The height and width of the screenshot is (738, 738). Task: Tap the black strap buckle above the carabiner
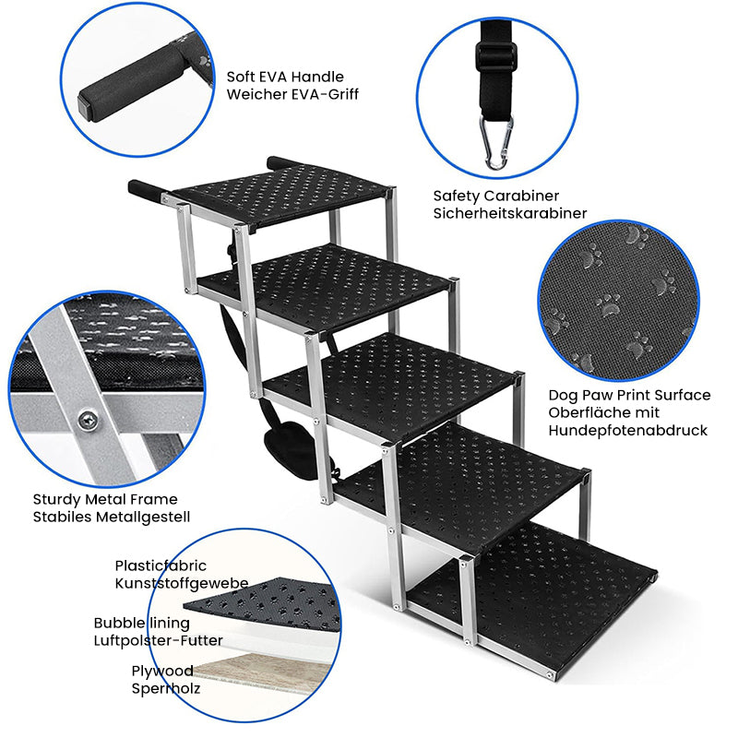pyautogui.click(x=496, y=56)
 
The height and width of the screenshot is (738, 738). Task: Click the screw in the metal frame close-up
pyautogui.click(x=88, y=419)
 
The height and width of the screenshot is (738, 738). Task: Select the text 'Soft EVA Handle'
pyautogui.click(x=285, y=77)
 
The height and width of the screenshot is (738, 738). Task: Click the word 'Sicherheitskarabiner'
pyautogui.click(x=510, y=213)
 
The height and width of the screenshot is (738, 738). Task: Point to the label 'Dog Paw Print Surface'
pyautogui.click(x=629, y=395)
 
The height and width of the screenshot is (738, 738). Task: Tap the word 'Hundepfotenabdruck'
pyautogui.click(x=628, y=430)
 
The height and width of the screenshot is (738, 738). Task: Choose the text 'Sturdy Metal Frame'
pyautogui.click(x=105, y=499)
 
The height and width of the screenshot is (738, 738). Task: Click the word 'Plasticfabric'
pyautogui.click(x=161, y=565)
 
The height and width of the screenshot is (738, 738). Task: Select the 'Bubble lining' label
pyautogui.click(x=142, y=624)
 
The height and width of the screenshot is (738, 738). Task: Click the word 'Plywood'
pyautogui.click(x=162, y=672)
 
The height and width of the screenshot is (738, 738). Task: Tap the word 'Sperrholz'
pyautogui.click(x=166, y=688)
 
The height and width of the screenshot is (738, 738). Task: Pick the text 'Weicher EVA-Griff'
pyautogui.click(x=292, y=94)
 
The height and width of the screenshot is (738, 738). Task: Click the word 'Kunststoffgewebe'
pyautogui.click(x=182, y=583)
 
